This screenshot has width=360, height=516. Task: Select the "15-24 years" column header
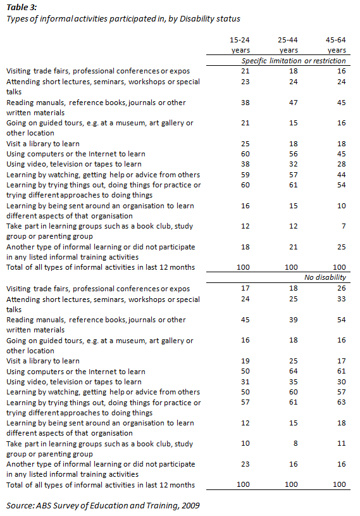coord(240,44)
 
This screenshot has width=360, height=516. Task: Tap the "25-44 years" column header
coord(289,44)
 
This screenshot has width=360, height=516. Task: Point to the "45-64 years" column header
coord(337,44)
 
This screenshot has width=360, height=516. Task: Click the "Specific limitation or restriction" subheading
coord(294,61)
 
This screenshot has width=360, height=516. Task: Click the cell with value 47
coord(289,102)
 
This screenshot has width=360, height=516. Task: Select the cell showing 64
coord(289,371)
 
